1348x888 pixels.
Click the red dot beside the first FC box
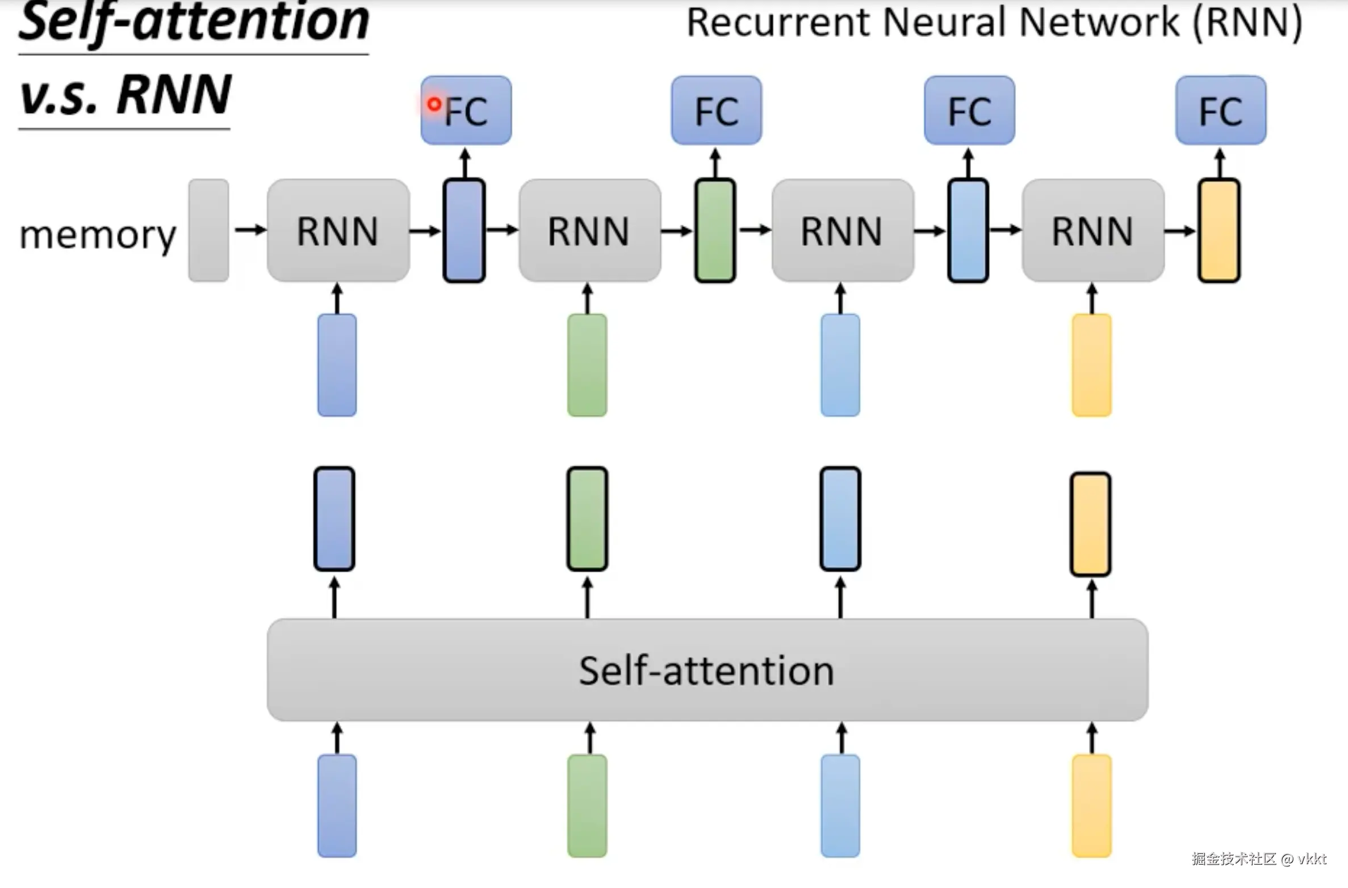point(434,104)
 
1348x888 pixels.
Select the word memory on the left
point(98,234)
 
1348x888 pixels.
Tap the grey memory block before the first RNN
point(208,230)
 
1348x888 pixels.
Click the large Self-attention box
point(707,670)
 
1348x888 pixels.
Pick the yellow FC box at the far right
point(1220,110)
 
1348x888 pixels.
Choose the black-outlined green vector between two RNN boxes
point(715,230)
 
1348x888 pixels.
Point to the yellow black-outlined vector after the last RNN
point(1219,230)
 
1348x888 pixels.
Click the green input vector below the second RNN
point(587,365)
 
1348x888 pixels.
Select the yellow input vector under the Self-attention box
point(1091,805)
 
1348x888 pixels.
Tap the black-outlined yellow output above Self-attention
point(1090,524)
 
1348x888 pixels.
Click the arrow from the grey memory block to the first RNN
point(250,230)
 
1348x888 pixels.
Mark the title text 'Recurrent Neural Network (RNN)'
point(994,23)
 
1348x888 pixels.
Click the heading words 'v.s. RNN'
point(125,95)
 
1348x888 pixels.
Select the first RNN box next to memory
point(338,231)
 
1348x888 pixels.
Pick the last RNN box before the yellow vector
point(1092,231)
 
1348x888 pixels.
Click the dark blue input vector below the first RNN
point(337,365)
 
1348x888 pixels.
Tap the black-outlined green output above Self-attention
point(587,518)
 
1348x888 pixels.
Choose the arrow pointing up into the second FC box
point(715,163)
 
